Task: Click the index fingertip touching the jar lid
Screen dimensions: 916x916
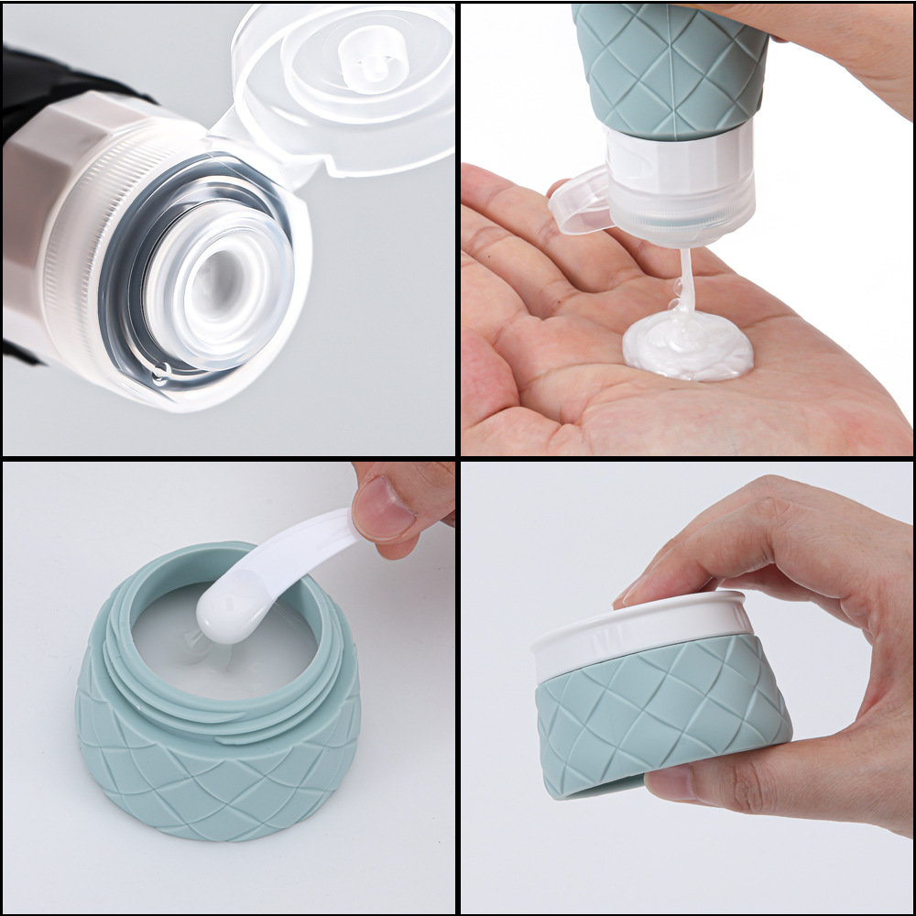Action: pyautogui.click(x=641, y=591)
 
